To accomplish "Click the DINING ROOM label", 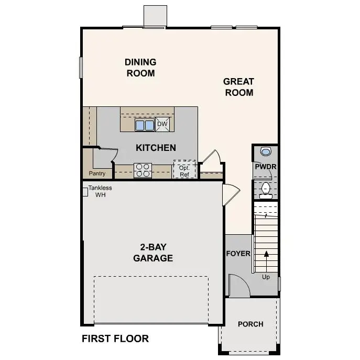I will coord(140,68).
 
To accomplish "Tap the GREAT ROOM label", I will coord(238,87).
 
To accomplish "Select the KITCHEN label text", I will coord(156,148).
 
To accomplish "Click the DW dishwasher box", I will coord(162,124).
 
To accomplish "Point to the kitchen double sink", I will coord(145,125).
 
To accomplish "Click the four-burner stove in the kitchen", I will coord(143,170).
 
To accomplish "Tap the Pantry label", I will coord(97,173).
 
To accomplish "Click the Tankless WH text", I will coord(100,191).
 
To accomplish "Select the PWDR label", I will coord(266,167).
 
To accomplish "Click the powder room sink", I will coord(266,152).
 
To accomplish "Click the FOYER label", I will coord(238,254).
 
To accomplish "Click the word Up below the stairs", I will coord(266,277).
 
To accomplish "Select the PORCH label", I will coord(250,324).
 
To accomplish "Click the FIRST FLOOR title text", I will coord(115,339).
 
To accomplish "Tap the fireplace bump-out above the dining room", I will coord(156,16).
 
